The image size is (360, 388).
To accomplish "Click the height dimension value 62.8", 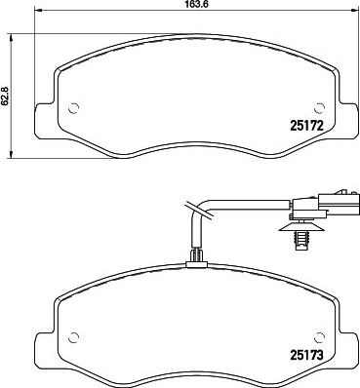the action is pyautogui.click(x=4, y=96).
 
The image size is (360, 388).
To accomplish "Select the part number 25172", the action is pyautogui.click(x=306, y=125).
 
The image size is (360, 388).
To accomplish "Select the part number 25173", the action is pyautogui.click(x=306, y=355).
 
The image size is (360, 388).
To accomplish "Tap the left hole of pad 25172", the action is pyautogui.click(x=74, y=108).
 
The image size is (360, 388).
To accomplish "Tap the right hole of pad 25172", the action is pyautogui.click(x=320, y=108).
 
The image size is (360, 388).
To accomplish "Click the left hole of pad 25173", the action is pyautogui.click(x=74, y=337).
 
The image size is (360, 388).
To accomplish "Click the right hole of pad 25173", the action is pyautogui.click(x=320, y=337).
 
